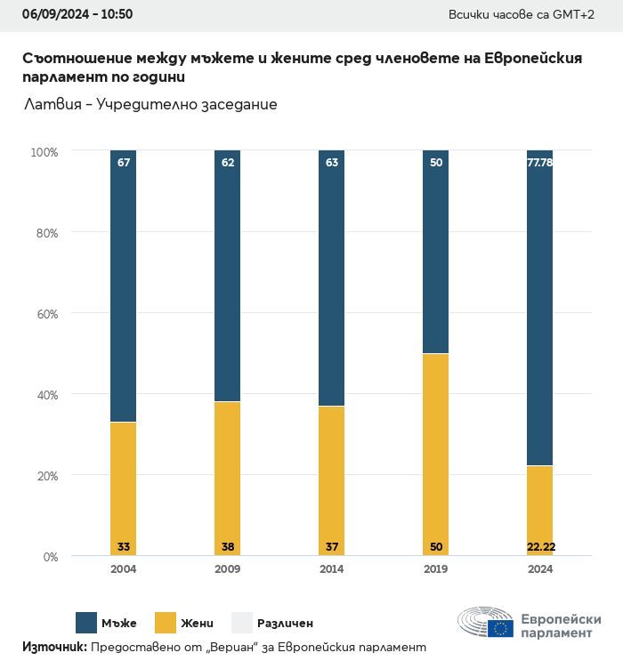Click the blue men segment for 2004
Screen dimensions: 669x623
click(124, 285)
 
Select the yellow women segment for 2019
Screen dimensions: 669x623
click(436, 454)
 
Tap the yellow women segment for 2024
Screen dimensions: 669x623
click(540, 507)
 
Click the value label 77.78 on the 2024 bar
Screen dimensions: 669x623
click(540, 162)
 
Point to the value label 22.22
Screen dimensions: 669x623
click(540, 546)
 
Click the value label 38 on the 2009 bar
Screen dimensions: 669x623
click(228, 546)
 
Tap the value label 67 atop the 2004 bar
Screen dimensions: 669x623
click(124, 162)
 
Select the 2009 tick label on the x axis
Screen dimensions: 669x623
click(228, 569)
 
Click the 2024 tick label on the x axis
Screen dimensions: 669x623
click(540, 569)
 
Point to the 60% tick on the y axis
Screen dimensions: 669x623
click(46, 313)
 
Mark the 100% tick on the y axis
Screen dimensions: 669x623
click(44, 152)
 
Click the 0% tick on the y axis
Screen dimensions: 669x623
click(50, 557)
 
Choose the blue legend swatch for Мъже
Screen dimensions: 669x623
click(86, 623)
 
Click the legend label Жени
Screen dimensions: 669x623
click(198, 624)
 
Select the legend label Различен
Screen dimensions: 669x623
click(285, 624)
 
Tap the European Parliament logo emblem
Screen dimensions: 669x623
click(485, 624)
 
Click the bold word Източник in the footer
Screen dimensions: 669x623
click(54, 647)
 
